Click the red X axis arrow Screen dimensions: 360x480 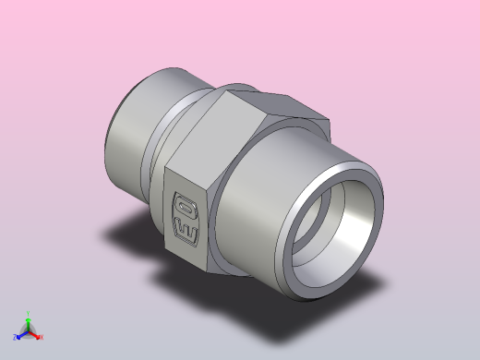click(x=35, y=335)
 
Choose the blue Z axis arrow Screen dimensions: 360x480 click(x=21, y=335)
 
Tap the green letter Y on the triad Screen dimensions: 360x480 click(x=29, y=313)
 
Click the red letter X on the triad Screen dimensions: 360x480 click(x=42, y=338)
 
